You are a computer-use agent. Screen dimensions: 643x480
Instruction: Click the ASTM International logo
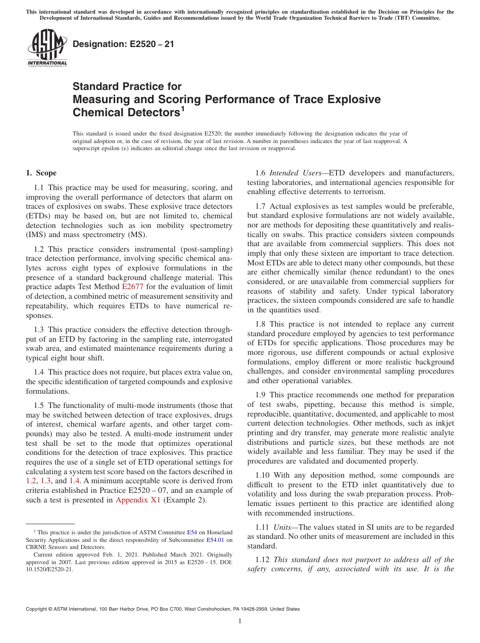coord(47,49)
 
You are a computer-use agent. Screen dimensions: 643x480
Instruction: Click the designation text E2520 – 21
coord(123,44)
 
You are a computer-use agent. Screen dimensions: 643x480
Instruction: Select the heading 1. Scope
coord(41,173)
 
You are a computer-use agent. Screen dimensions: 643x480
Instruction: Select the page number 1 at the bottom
coord(240,621)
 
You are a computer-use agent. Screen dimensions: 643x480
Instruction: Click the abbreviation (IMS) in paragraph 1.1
coord(36,235)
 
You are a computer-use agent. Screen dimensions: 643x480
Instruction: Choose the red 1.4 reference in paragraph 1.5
coord(74,481)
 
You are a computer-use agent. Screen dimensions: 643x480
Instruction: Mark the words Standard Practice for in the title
coord(127,86)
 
